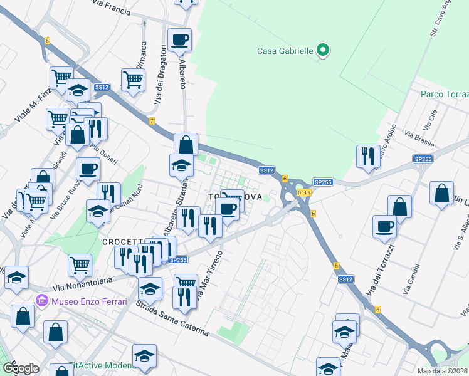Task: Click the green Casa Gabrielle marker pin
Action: pos(323,50)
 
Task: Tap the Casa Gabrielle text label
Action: pos(285,51)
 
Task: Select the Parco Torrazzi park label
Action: pos(445,95)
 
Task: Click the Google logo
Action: pos(21,368)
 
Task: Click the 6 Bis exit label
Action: pos(303,192)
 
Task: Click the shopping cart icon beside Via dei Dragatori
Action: pos(134,80)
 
